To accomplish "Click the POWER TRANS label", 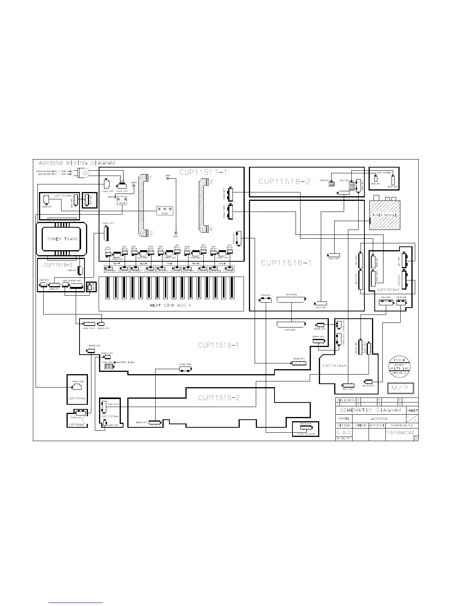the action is (x=62, y=239).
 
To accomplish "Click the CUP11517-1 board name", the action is (x=203, y=173).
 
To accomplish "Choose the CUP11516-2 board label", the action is (x=219, y=398).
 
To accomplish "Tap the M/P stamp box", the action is (x=399, y=389).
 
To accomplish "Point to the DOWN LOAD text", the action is (x=127, y=362).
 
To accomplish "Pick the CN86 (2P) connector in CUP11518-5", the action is (x=77, y=387).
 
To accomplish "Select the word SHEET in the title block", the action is (x=412, y=411).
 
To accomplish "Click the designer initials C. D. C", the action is (x=344, y=433).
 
